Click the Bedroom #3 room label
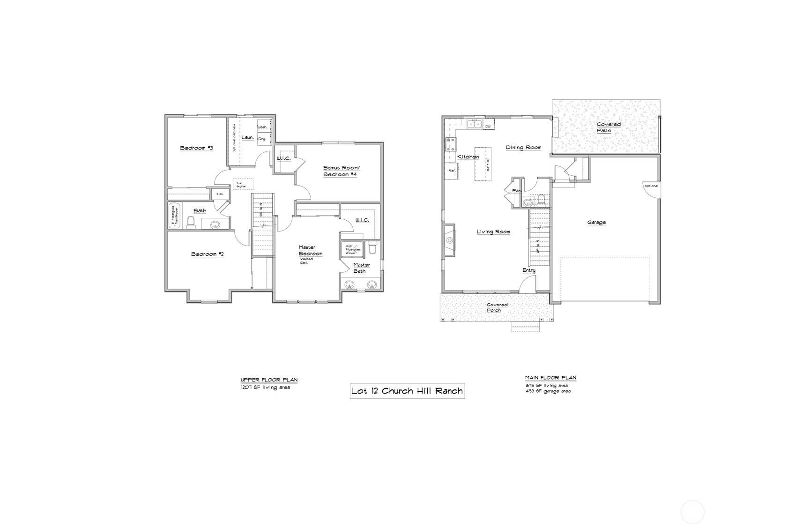197,148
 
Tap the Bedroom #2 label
207,254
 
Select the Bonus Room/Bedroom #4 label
341,171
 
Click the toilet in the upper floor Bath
191,223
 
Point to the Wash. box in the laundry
263,127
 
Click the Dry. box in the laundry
263,139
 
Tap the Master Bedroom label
311,251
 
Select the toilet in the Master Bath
373,247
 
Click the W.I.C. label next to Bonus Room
283,158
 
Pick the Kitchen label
468,157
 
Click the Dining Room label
523,147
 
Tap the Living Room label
493,231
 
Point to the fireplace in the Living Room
449,240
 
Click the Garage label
596,222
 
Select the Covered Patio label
608,127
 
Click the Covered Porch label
497,307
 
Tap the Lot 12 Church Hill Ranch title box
407,390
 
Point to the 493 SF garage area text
548,391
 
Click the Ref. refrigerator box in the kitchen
452,171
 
